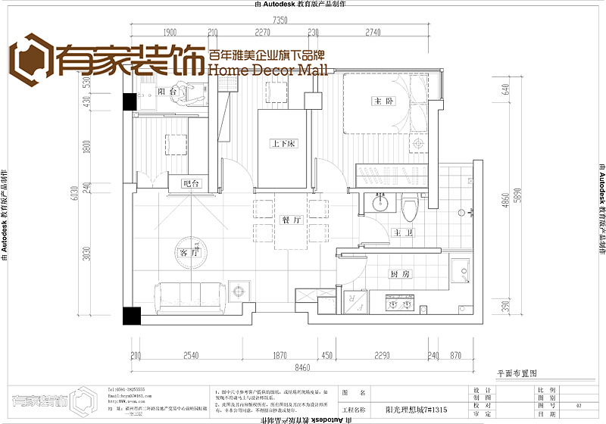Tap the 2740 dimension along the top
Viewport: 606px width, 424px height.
pos(373,33)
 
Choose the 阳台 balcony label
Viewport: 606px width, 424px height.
pos(167,92)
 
